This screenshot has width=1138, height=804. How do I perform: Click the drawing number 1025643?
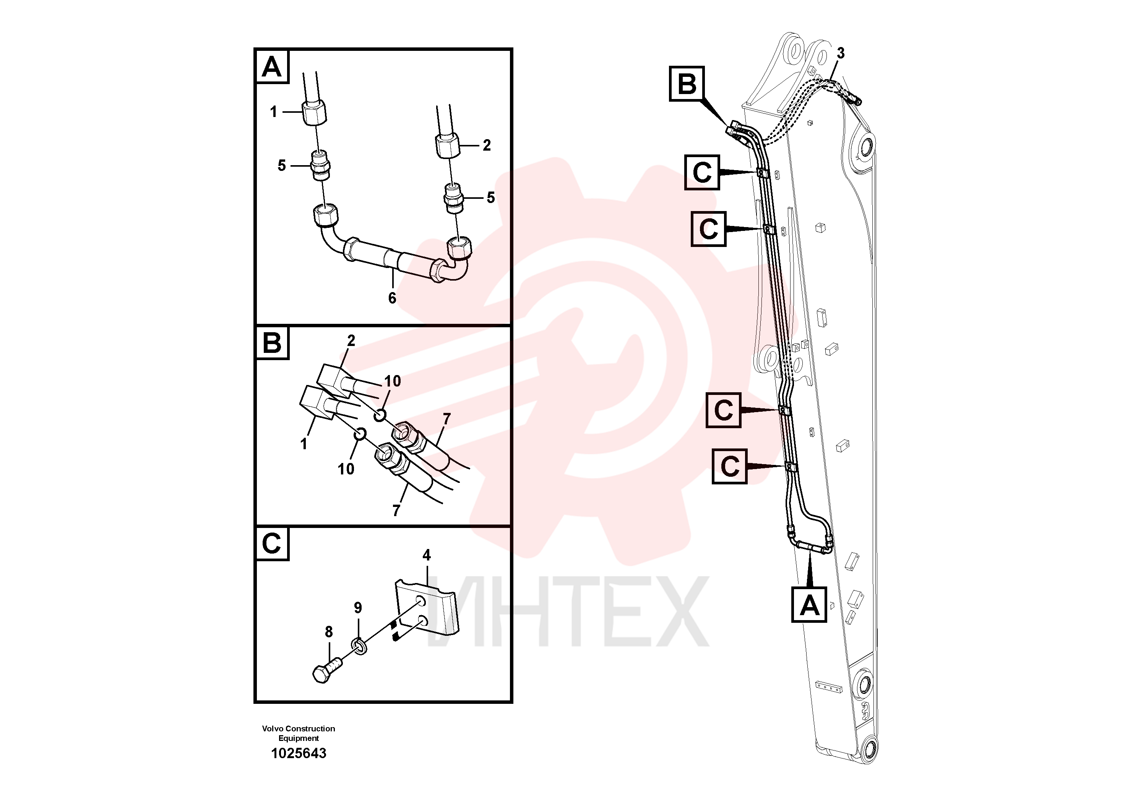(x=299, y=754)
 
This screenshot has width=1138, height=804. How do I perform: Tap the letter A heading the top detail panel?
(x=272, y=67)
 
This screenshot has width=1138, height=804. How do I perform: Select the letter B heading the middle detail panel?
(x=272, y=343)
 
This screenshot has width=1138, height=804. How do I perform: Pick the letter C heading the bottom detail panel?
(x=272, y=543)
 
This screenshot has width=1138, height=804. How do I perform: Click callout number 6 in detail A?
(x=392, y=298)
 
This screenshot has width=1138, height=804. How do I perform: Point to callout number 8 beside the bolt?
(x=329, y=632)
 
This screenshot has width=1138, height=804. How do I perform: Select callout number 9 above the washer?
(x=358, y=608)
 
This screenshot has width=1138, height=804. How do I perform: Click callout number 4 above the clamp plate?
(x=427, y=555)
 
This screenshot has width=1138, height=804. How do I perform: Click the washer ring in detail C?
(x=360, y=646)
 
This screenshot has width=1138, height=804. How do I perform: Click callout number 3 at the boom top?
(x=841, y=53)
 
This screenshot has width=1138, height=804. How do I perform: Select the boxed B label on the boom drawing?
(x=687, y=84)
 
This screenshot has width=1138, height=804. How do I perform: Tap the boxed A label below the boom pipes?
(x=809, y=605)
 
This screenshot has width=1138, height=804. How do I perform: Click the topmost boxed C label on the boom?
(x=702, y=172)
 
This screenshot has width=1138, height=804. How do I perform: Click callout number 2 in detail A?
(x=487, y=145)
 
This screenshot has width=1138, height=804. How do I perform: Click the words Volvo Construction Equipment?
(x=299, y=733)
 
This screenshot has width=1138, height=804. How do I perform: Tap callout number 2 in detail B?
(x=351, y=341)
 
